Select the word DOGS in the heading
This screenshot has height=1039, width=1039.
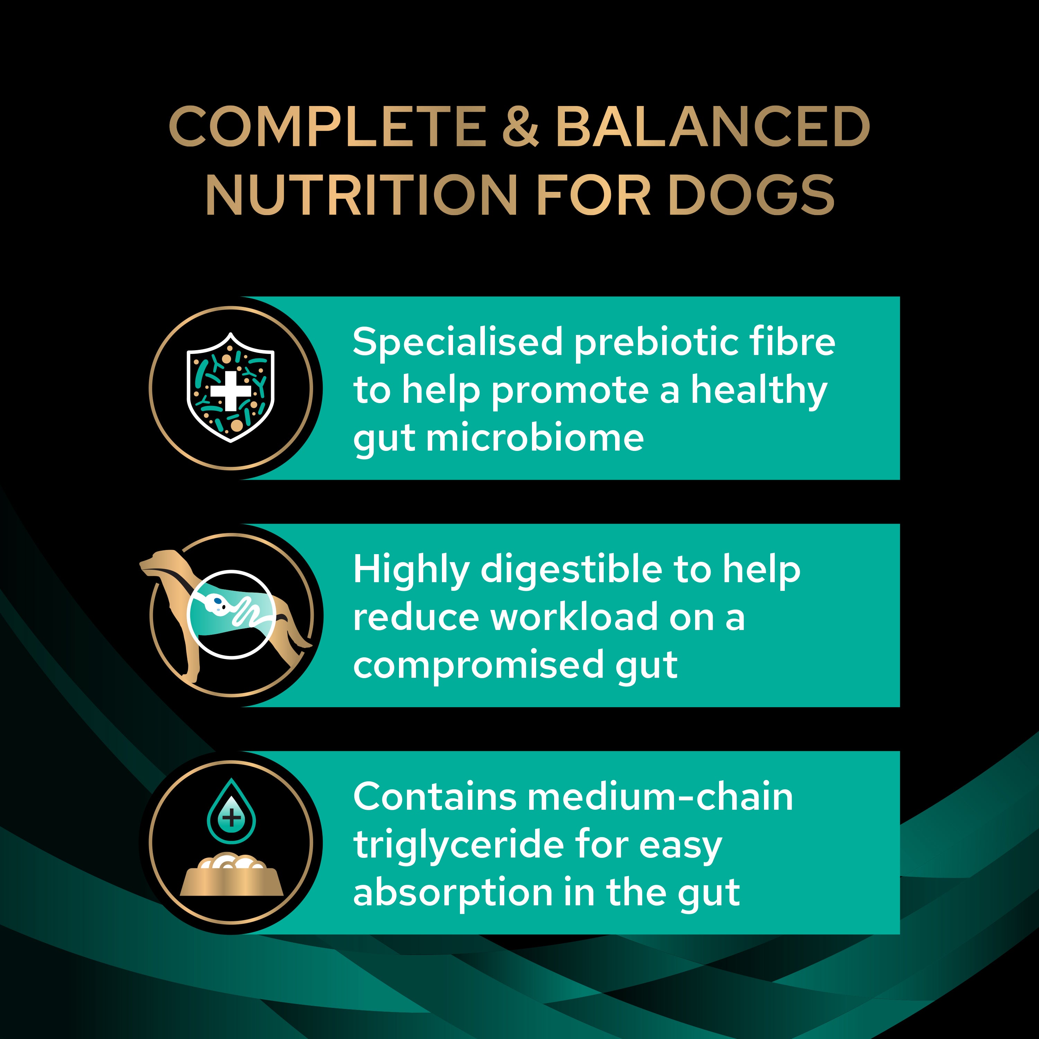coord(751,195)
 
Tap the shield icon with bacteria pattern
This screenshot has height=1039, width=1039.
coord(230,387)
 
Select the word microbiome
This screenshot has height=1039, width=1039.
coord(535,438)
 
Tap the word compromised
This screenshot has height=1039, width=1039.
coord(478,665)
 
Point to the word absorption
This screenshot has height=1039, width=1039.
coord(453,893)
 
